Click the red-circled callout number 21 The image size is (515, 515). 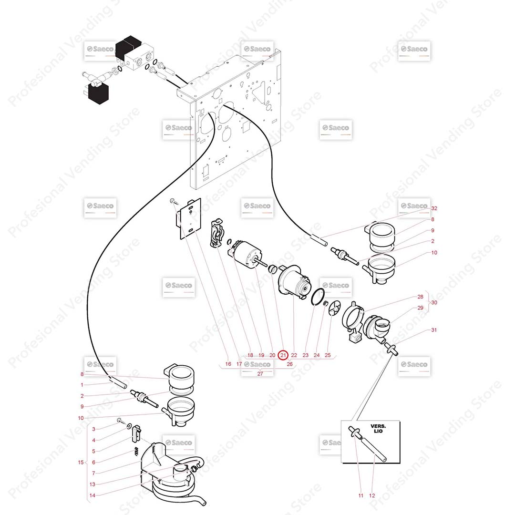click(x=283, y=355)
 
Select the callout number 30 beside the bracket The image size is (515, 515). click(x=434, y=302)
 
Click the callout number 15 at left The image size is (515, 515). click(x=81, y=462)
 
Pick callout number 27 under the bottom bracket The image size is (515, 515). click(x=260, y=374)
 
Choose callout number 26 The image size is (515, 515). click(x=289, y=364)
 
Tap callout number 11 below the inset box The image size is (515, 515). click(x=360, y=495)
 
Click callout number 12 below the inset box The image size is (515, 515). click(x=372, y=495)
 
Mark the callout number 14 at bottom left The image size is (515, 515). click(x=92, y=495)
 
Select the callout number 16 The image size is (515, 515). click(x=228, y=364)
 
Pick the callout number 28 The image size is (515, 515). click(x=421, y=297)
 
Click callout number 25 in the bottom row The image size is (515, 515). click(x=328, y=355)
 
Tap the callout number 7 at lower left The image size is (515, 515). click(x=93, y=473)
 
